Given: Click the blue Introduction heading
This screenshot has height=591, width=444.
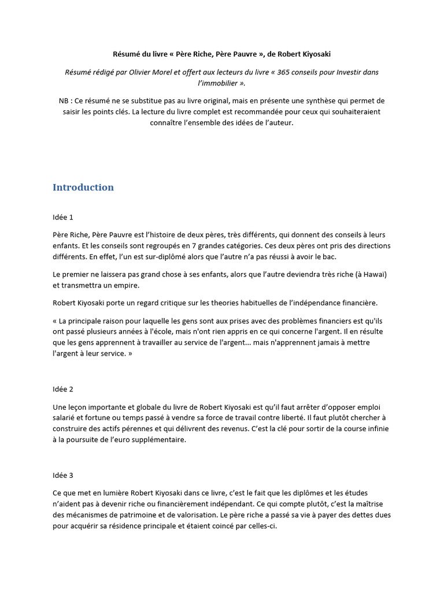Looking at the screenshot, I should point(83,188).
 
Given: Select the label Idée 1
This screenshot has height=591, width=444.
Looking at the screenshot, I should point(63,217).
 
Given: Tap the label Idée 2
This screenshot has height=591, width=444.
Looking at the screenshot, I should point(63,389).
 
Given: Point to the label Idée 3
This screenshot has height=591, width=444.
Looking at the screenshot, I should point(63,476).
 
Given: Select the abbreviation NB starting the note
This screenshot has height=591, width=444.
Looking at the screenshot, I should point(64,101).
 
